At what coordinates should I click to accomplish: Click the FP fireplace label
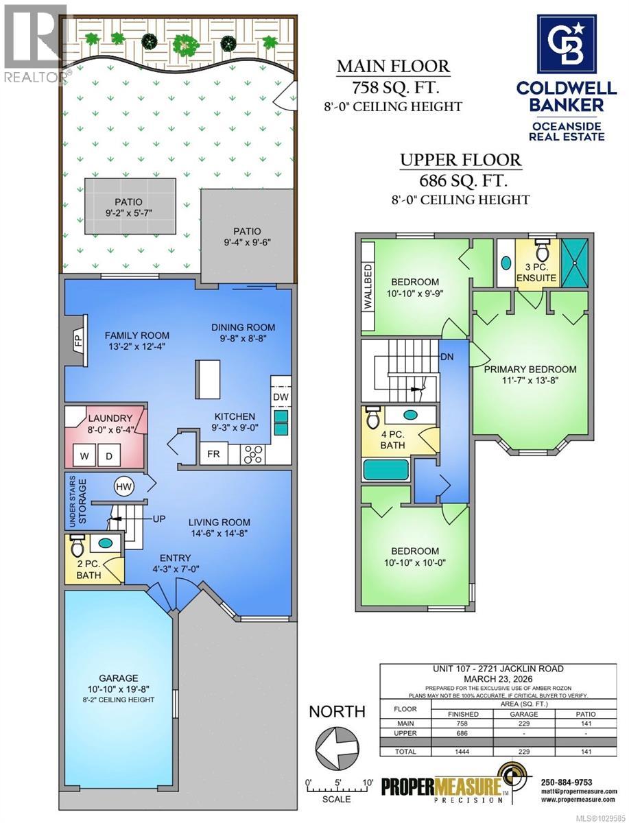(79, 341)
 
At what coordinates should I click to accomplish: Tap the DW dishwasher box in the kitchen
(281, 397)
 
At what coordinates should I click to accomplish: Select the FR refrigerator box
(213, 454)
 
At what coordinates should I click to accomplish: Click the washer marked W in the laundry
(84, 456)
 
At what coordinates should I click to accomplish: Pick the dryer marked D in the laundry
(109, 456)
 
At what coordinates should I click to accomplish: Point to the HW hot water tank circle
(124, 487)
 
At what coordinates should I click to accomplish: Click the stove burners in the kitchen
(252, 455)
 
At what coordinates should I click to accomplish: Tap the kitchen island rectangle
(207, 379)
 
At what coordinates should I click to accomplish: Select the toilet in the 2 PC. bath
(78, 545)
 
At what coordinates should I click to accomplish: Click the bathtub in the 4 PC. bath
(386, 470)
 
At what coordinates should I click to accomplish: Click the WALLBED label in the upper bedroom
(368, 287)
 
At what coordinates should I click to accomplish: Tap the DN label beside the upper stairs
(447, 357)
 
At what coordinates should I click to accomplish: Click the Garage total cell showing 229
(523, 752)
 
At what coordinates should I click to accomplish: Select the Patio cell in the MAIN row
(586, 724)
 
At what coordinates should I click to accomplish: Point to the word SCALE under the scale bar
(336, 799)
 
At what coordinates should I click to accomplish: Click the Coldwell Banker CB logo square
(566, 45)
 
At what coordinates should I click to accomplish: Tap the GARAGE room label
(119, 678)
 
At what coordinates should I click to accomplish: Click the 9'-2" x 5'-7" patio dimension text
(128, 213)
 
